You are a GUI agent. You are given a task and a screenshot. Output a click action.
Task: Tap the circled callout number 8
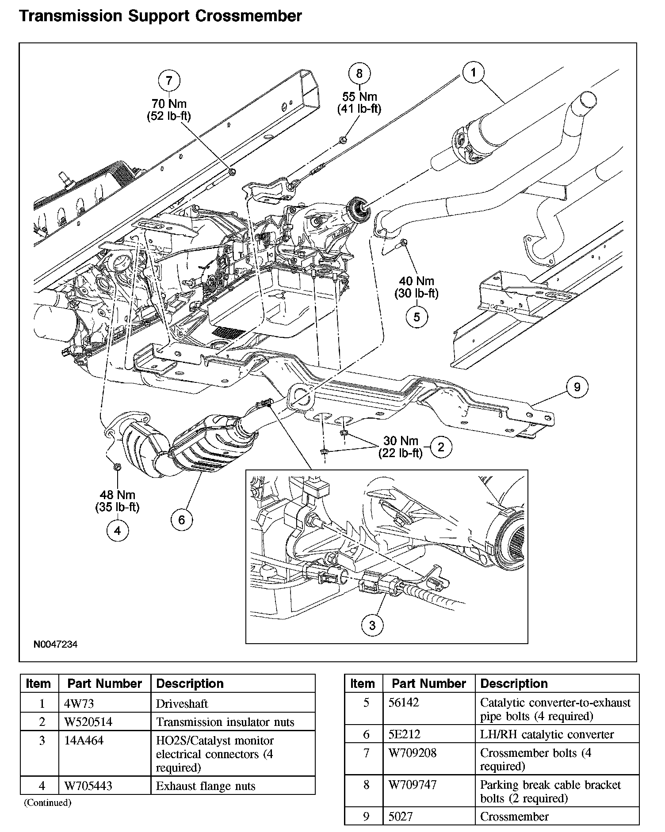[x=359, y=73]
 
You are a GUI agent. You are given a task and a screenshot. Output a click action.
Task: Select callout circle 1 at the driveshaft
[x=474, y=73]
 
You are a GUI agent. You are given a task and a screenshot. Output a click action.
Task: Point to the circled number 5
[x=417, y=317]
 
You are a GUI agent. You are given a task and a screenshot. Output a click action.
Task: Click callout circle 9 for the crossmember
[x=577, y=387]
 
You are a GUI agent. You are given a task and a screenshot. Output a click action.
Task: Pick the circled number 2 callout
[x=440, y=447]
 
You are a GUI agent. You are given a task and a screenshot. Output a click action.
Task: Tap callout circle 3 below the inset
[x=372, y=625]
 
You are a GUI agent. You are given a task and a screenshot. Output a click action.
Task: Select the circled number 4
[x=117, y=530]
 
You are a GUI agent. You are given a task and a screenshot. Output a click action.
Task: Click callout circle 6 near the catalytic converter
[x=182, y=520]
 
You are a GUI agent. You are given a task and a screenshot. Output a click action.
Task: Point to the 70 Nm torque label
[x=169, y=104]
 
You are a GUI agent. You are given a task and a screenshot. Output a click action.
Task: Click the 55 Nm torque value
[x=359, y=97]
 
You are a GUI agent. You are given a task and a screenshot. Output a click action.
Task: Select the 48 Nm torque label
[x=117, y=495]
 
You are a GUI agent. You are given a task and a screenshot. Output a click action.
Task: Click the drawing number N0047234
[x=56, y=645]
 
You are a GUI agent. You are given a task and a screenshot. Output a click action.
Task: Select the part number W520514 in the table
[x=88, y=722]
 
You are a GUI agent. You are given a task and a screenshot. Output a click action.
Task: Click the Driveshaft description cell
[x=182, y=703]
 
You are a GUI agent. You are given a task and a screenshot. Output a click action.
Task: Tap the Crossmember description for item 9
[x=514, y=817]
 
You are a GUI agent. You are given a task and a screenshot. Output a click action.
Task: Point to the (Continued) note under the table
[x=47, y=802]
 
